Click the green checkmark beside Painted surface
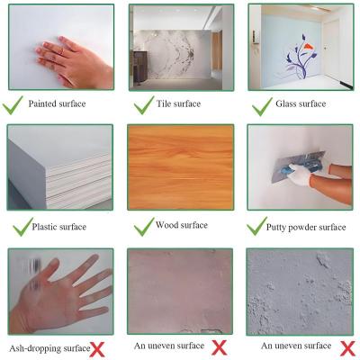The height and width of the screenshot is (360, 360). [x=12, y=105]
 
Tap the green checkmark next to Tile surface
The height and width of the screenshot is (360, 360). [x=144, y=105]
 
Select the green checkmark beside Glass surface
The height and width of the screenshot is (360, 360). [x=262, y=106]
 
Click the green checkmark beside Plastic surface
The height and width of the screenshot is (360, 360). [x=22, y=227]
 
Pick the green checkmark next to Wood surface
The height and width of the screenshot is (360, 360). [x=144, y=227]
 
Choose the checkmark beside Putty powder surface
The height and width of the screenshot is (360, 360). [x=256, y=227]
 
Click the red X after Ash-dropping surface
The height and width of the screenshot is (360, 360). [x=97, y=349]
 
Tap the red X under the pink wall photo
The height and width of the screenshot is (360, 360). [x=219, y=347]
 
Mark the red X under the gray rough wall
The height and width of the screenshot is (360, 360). [x=347, y=348]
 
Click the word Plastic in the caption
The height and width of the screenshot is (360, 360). [x=44, y=227]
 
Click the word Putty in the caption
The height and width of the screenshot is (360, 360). [x=275, y=227]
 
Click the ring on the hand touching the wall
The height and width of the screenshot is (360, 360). [x=61, y=51]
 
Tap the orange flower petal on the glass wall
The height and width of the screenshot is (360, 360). [x=310, y=46]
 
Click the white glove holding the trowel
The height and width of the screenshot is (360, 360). [x=299, y=175]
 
